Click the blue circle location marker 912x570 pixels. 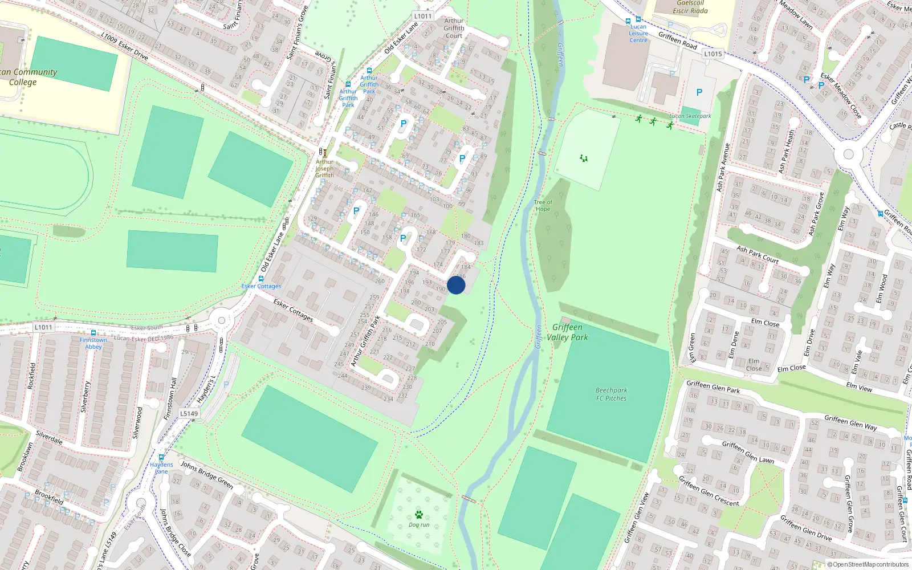coord(456,285)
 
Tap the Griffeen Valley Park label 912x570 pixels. coord(567,332)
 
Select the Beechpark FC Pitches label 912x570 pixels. coord(611,394)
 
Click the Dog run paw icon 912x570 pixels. coord(419,515)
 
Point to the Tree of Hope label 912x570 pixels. coord(543,206)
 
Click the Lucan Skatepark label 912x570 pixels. coord(690,116)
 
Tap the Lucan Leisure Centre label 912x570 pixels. coord(638,34)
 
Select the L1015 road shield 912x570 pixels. coord(712,54)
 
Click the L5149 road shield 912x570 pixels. coord(189,414)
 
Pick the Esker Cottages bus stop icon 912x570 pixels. coord(261,279)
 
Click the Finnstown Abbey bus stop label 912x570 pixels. coord(93,343)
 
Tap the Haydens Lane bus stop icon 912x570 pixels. coord(161,457)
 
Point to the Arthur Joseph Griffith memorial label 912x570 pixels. coord(325,169)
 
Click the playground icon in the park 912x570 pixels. coord(584,158)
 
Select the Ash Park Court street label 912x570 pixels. coord(758,254)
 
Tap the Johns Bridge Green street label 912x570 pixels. coord(207,474)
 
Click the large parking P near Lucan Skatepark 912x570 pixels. coord(699,92)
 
